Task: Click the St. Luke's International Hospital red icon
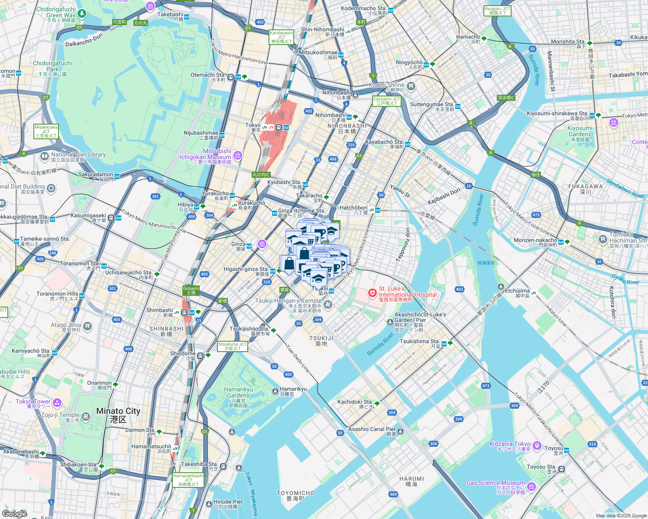click(x=372, y=294)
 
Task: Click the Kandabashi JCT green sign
click(x=281, y=37)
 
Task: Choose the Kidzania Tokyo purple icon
click(x=537, y=445)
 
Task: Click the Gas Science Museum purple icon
click(x=531, y=487)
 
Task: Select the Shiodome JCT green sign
click(x=232, y=346)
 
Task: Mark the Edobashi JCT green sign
click(x=386, y=101)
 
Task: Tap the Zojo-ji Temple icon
click(x=86, y=416)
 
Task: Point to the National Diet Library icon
click(x=44, y=156)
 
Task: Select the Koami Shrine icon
click(x=411, y=86)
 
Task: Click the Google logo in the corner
click(x=14, y=513)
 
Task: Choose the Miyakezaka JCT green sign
click(x=46, y=131)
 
